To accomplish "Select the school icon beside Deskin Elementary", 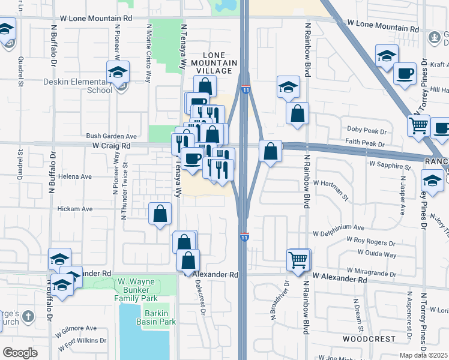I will point(118,73).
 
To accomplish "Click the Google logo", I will point(20,353).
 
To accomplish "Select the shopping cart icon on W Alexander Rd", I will point(298,260).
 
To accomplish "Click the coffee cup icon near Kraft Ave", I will point(405,74).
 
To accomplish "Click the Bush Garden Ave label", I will point(112,136).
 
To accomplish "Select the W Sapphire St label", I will point(390,165).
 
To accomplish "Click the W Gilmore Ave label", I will point(77,329).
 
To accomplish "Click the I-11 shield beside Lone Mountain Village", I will point(246,90).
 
